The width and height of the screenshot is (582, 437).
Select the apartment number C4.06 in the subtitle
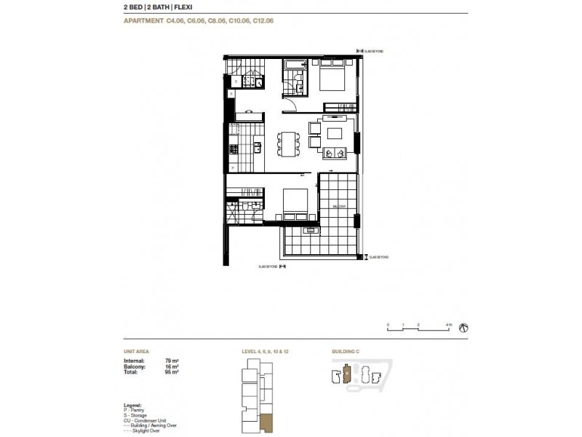178,21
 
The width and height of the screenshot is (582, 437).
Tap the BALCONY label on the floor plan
339,207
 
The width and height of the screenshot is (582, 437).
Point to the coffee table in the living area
335,133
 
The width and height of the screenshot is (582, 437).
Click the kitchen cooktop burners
234,150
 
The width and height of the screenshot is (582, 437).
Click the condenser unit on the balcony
311,232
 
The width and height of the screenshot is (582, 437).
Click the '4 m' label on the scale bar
450,323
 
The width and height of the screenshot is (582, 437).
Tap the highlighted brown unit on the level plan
266,422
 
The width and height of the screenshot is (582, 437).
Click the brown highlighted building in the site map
347,375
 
